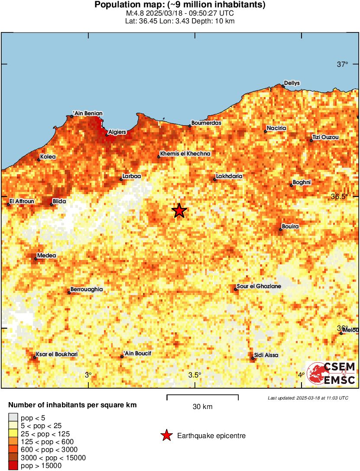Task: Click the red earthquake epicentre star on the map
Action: [179, 211]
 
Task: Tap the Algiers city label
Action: [117, 132]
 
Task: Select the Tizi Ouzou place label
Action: [325, 137]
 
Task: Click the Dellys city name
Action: [292, 83]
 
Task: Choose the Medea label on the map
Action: [46, 256]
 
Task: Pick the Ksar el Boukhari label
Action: [56, 354]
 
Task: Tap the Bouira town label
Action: [290, 226]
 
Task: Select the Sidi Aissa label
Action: [266, 355]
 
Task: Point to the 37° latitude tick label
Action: [343, 65]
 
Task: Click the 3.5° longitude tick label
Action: [195, 375]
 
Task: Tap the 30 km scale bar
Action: [202, 395]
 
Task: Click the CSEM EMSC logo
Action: [331, 374]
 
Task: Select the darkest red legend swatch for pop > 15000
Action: [13, 466]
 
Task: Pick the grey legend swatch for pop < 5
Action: [13, 417]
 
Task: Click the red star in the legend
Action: [166, 436]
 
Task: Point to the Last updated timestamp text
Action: [308, 398]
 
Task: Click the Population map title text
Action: [180, 5]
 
